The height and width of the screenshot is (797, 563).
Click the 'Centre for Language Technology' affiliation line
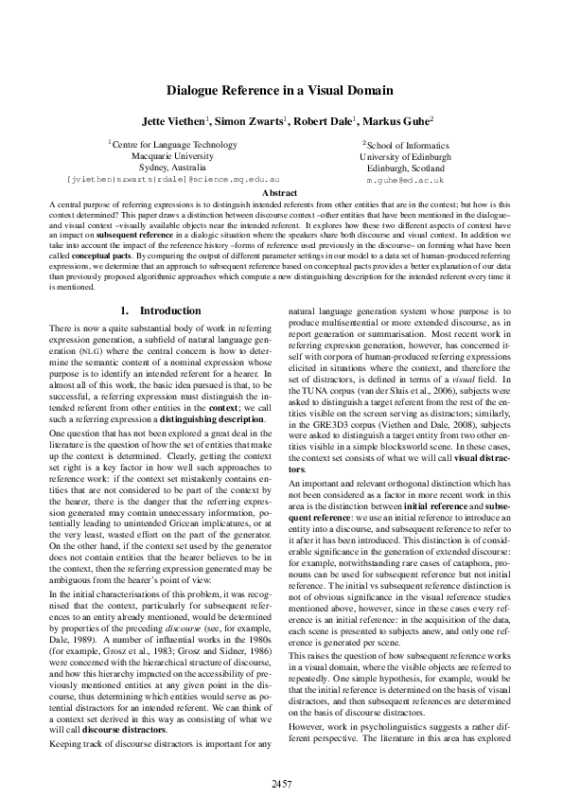click(172, 144)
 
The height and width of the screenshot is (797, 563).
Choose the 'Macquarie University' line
click(172, 155)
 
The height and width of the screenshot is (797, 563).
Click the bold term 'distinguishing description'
click(183, 418)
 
